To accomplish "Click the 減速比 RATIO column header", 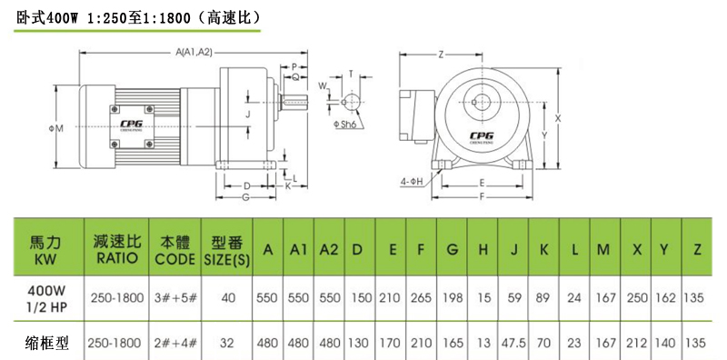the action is (117, 250).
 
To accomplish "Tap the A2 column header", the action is (329, 250).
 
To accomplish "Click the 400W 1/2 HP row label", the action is (46, 298).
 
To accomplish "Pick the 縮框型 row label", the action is (46, 344).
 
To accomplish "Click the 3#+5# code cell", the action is (175, 297).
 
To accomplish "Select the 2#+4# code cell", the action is (175, 343).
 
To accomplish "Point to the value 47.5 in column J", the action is (513, 343).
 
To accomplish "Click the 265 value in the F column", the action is (421, 297).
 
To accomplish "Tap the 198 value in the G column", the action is (453, 297).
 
